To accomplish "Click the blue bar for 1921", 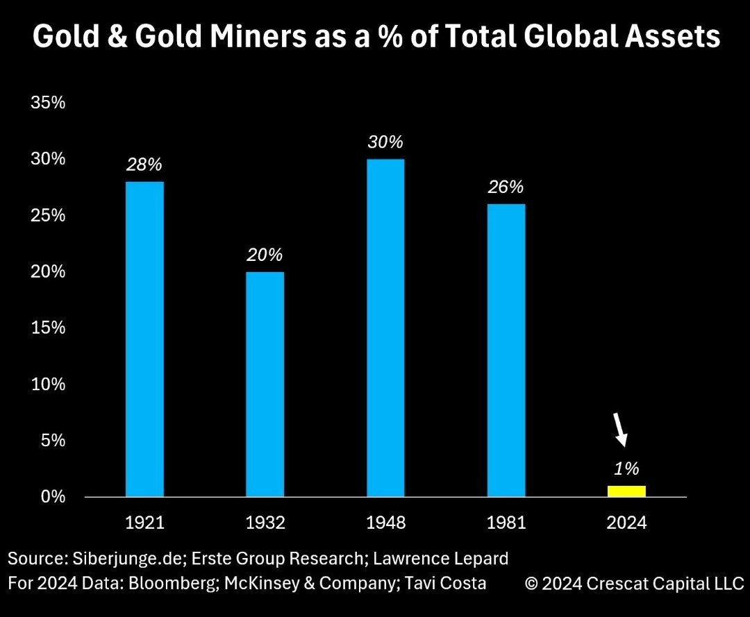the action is pos(144,339).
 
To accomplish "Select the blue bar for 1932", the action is pos(265,384).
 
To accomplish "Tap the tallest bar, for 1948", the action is pos(385,328).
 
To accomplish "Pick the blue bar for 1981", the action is pos(506,350).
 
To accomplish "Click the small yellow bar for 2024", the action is pos(626,491).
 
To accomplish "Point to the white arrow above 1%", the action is pos(620,430).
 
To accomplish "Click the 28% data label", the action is pos(144,164).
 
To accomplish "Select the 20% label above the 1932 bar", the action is pos(265,255).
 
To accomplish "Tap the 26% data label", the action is pos(506,187).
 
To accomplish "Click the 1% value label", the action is pos(626,468).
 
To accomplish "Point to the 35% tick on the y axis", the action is pos(48,102).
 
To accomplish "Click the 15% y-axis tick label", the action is pos(48,328).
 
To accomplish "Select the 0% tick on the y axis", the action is pos(53,496).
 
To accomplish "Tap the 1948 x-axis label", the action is pos(385,523).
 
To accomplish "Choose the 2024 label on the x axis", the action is pos(626,523).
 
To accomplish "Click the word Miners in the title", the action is pos(258,36).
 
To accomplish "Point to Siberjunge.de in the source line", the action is pos(129,558).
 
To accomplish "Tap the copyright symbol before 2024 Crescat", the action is pos(531,584).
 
